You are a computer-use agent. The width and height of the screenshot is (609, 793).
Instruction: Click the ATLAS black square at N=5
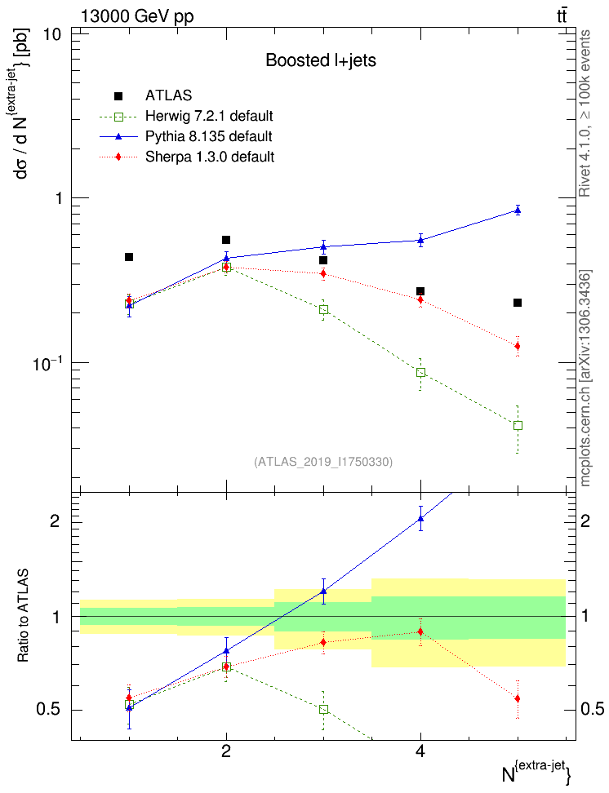pos(517,303)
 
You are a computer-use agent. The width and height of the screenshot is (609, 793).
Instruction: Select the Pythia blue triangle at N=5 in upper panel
pos(517,210)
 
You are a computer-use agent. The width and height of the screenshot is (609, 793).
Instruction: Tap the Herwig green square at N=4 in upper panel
pos(420,373)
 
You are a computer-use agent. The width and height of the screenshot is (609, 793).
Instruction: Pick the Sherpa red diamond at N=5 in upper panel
pos(517,347)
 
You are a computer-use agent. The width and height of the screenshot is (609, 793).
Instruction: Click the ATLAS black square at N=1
pos(129,257)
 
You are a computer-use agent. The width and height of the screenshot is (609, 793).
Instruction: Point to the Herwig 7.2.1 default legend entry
pos(209,115)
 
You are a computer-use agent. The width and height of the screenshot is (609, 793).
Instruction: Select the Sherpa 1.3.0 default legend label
pos(209,156)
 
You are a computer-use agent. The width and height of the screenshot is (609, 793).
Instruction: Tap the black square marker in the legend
pos(118,95)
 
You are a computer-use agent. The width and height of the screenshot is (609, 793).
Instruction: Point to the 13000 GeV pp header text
pos(137,16)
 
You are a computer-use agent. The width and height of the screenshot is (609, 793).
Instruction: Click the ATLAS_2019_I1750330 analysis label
pos(323,462)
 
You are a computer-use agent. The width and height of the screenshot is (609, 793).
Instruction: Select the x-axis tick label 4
pos(420,752)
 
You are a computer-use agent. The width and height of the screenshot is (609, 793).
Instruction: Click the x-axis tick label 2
pos(226,752)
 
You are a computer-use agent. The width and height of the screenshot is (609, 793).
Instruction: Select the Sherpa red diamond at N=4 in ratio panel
pos(420,631)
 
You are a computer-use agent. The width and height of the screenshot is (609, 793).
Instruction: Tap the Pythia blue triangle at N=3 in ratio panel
pos(323,591)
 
